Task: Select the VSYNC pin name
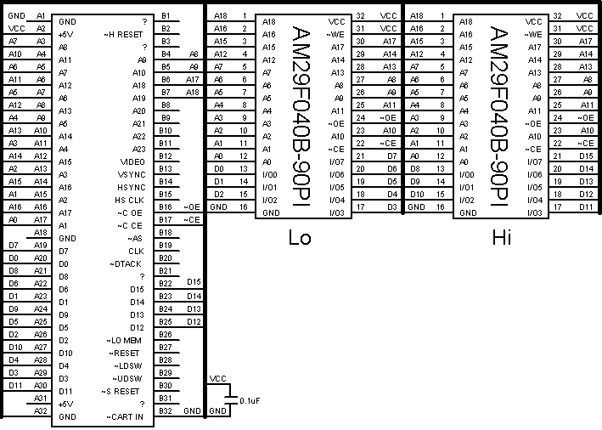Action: [x=132, y=174]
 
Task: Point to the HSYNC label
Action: [x=132, y=187]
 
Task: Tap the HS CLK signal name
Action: [x=130, y=200]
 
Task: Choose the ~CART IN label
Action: [x=126, y=417]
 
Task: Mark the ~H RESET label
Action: [x=124, y=34]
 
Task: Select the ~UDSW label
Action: [x=129, y=378]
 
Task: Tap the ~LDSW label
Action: [x=129, y=365]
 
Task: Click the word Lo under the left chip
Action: [x=300, y=237]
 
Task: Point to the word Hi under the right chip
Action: [x=501, y=237]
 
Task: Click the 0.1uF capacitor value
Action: [x=250, y=399]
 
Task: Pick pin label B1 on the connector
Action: [x=166, y=16]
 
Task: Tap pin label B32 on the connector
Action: [x=166, y=411]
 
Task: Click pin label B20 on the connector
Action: [x=166, y=258]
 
